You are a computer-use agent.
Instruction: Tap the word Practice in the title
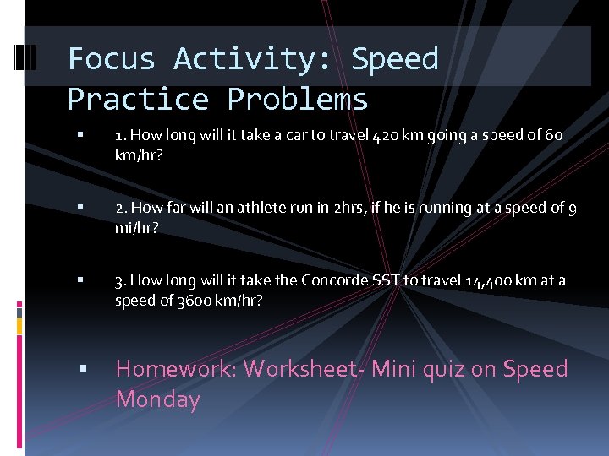pos(138,100)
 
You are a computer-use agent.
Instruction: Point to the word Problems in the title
pos(298,100)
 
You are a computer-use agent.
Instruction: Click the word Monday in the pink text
pos(157,399)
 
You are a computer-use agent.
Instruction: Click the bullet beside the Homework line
pos(79,369)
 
